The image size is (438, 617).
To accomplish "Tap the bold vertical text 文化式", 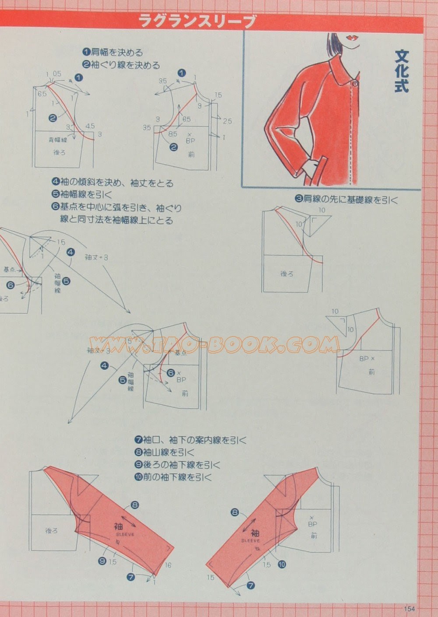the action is point(401,71).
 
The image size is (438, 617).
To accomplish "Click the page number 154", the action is point(409,608).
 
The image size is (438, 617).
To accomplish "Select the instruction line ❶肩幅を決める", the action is point(113,53).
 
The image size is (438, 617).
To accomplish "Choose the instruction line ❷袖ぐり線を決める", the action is point(122,65).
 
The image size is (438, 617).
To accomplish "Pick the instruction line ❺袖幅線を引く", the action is point(82,195).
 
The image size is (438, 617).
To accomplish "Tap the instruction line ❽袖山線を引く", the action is point(164,452).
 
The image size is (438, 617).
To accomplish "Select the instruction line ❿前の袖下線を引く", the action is point(173,477).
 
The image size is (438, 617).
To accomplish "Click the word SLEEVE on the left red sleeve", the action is point(125,534).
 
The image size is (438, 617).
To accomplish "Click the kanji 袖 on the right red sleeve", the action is point(255,533).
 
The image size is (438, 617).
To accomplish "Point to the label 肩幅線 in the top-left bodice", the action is point(57,140).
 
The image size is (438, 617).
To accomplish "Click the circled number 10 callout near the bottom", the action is point(282,564).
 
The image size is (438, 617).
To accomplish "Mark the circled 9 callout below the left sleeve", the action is point(102,561).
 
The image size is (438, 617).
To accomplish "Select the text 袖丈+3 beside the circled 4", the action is point(96,258).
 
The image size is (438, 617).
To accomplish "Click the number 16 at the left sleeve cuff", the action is point(168,565).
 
